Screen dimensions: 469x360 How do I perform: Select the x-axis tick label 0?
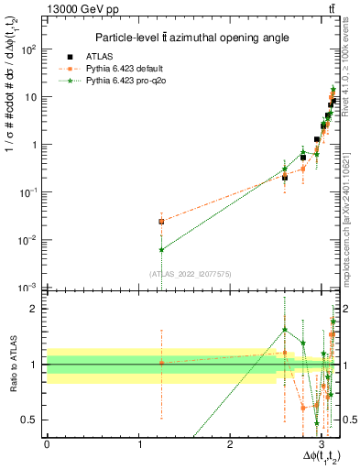point(47,444)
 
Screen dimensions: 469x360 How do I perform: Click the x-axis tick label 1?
point(138,444)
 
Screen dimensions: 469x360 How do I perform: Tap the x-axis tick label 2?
point(231,444)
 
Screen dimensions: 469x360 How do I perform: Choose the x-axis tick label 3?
point(322,444)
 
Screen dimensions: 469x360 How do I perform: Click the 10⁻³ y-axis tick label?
point(28,288)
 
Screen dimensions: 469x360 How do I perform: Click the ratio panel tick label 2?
point(34,309)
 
